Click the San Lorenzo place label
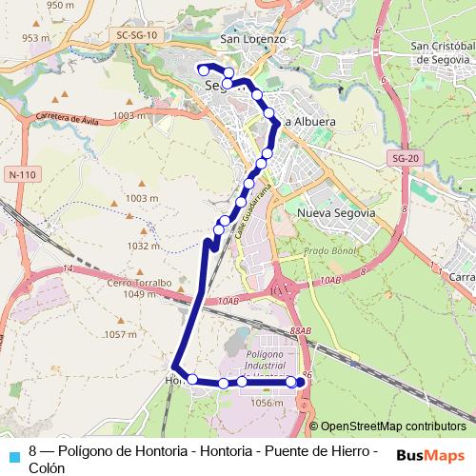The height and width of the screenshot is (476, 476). click(x=252, y=39)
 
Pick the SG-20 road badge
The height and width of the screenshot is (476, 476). click(x=405, y=158)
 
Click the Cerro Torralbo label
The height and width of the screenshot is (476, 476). click(x=138, y=283)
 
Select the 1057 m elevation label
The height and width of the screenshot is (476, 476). click(x=121, y=334)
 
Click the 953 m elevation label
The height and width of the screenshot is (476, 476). click(x=36, y=38)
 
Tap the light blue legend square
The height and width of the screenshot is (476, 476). click(x=12, y=454)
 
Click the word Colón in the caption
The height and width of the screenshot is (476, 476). click(x=47, y=467)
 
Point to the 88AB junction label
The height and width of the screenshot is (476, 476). click(x=301, y=330)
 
